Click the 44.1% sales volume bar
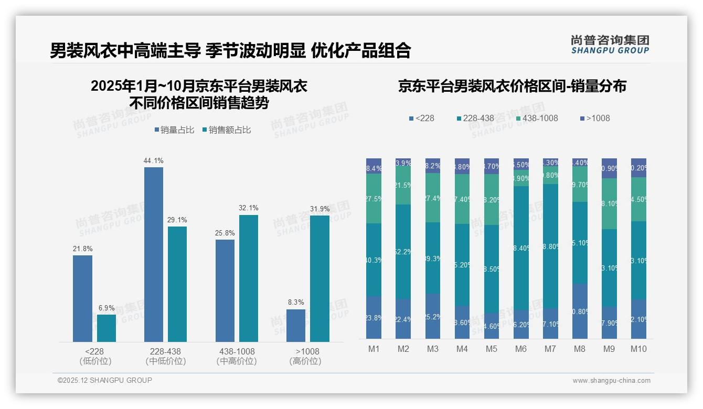pyautogui.click(x=153, y=254)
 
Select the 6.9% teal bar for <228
pyautogui.click(x=106, y=328)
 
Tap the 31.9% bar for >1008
pyautogui.click(x=319, y=278)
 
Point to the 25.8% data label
pyautogui.click(x=225, y=233)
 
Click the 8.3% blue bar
pyautogui.click(x=296, y=326)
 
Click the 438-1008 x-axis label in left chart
pyautogui.click(x=237, y=351)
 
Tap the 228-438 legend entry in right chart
pyautogui.click(x=474, y=118)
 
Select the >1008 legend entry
pyautogui.click(x=595, y=118)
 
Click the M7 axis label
pyautogui.click(x=550, y=349)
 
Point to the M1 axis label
pyautogui.click(x=374, y=349)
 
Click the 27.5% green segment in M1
pyautogui.click(x=374, y=198)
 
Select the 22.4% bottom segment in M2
pyautogui.click(x=403, y=319)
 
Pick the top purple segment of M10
pyautogui.click(x=638, y=168)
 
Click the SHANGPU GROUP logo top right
pyautogui.click(x=610, y=45)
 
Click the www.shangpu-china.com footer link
pyautogui.click(x=611, y=381)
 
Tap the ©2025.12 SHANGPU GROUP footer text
pyautogui.click(x=105, y=380)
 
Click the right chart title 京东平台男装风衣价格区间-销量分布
pyautogui.click(x=512, y=87)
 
